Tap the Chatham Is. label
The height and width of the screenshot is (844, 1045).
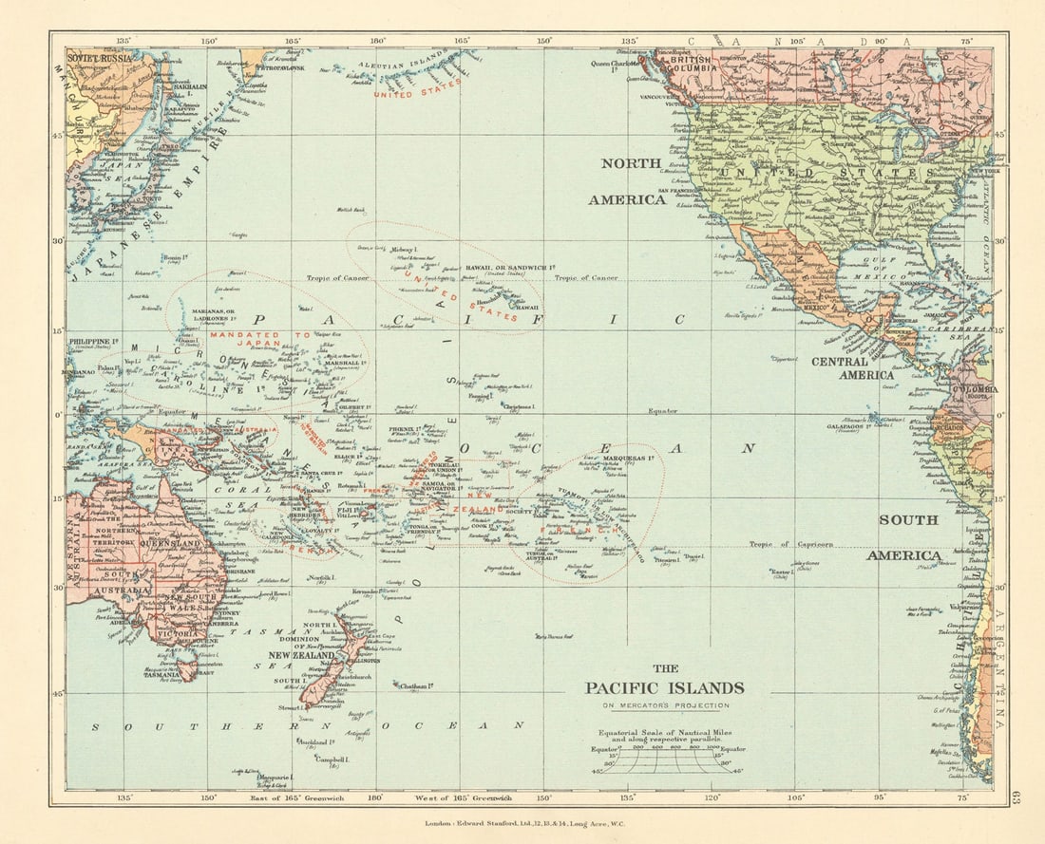click(417, 685)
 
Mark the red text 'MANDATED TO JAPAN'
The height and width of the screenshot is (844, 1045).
click(244, 341)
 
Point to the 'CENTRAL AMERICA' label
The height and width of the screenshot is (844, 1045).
click(852, 367)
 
